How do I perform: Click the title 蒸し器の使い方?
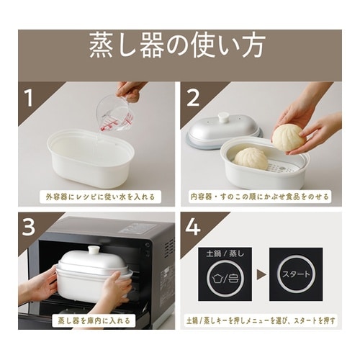coord(179,46)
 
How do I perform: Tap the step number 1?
coord(30,99)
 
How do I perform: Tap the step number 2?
coord(194,99)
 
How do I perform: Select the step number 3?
coord(30,228)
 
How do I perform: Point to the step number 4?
coord(194,228)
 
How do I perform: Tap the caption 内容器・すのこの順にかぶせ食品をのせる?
coord(262,195)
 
